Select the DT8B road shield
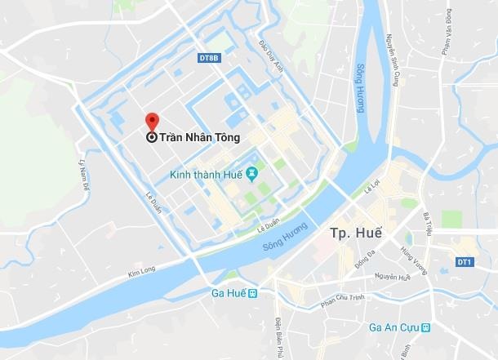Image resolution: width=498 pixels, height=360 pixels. pyautogui.click(x=210, y=58)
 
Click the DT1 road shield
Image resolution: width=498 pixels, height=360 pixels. pyautogui.click(x=465, y=260)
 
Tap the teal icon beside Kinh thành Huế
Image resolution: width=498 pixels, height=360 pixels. pyautogui.click(x=252, y=173)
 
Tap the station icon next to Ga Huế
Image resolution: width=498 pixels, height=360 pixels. pyautogui.click(x=253, y=293)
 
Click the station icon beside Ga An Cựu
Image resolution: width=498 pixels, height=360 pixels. pyautogui.click(x=426, y=327)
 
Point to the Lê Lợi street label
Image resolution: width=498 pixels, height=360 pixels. pyautogui.click(x=372, y=189)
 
